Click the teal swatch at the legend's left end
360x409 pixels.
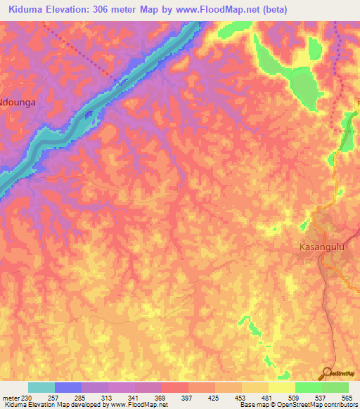(x=41, y=388)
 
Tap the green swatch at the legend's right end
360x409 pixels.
(x=335, y=388)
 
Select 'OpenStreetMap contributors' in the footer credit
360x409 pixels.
(x=321, y=405)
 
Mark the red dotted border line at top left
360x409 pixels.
(x=77, y=48)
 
